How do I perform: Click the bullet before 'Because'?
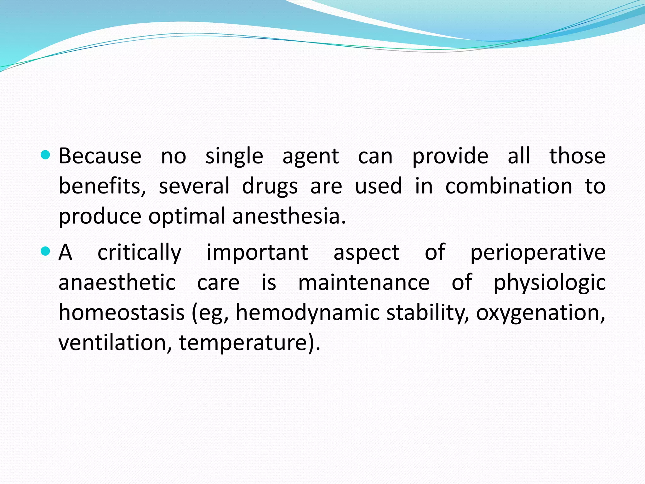pyautogui.click(x=46, y=155)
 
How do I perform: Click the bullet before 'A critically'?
pyautogui.click(x=46, y=251)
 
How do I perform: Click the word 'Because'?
pyautogui.click(x=100, y=156)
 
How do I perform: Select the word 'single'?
pyautogui.click(x=234, y=157)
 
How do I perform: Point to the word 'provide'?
pyautogui.click(x=450, y=157)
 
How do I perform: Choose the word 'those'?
pyautogui.click(x=577, y=156)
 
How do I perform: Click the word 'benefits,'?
pyautogui.click(x=102, y=186)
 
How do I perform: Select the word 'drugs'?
pyautogui.click(x=270, y=187)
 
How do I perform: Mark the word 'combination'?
pyautogui.click(x=509, y=186)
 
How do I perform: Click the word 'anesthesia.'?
pyautogui.click(x=289, y=216)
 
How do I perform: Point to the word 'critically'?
pyautogui.click(x=140, y=253)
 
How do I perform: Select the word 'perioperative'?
pyautogui.click(x=538, y=253)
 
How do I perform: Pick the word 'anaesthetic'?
pyautogui.click(x=117, y=282)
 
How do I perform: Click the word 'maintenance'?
pyautogui.click(x=364, y=282)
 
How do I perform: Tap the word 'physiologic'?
pyautogui.click(x=549, y=283)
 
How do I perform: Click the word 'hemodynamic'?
pyautogui.click(x=308, y=313)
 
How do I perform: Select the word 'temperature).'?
pyautogui.click(x=250, y=343)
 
